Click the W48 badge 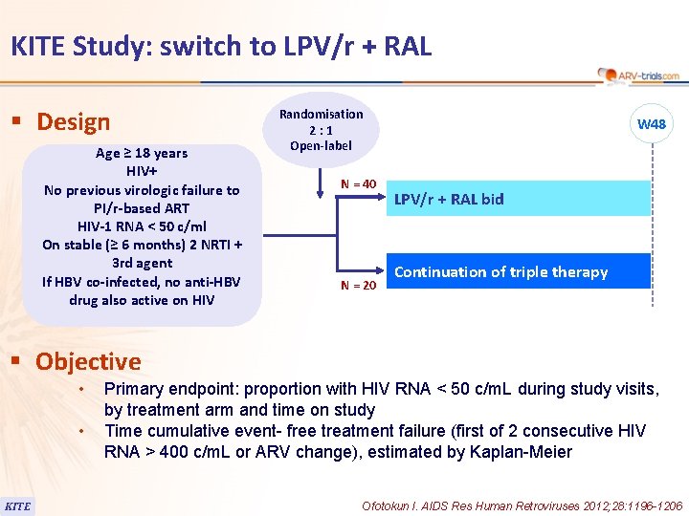coord(652,124)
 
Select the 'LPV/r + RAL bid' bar coord(517,199)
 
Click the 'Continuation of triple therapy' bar coord(517,271)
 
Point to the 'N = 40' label coord(359,183)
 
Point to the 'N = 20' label coord(359,285)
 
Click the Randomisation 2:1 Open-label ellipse coord(321,130)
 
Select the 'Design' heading coord(73,122)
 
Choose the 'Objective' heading coord(88,362)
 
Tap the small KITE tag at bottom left coord(17,505)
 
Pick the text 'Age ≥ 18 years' coord(142,153)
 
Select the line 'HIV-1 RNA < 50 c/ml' coord(142,226)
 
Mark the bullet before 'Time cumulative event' coord(83,432)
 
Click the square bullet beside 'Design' coord(15,122)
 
